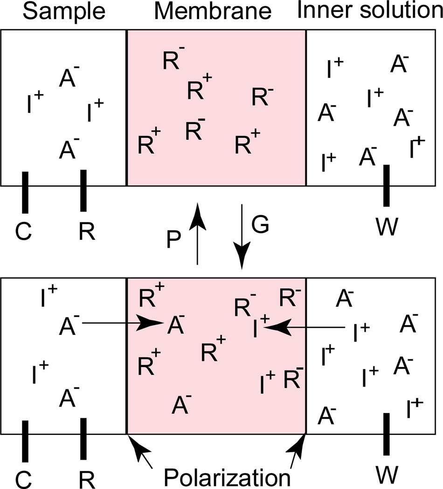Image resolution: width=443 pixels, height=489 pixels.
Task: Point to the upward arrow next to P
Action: (x=197, y=233)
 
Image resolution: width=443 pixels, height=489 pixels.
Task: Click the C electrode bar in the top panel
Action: (x=25, y=192)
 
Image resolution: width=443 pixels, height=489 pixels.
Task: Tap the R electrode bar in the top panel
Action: (x=83, y=190)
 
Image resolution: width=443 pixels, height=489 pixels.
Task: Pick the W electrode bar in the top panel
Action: (x=386, y=185)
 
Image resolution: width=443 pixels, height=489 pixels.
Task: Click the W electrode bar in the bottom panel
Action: (x=386, y=433)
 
